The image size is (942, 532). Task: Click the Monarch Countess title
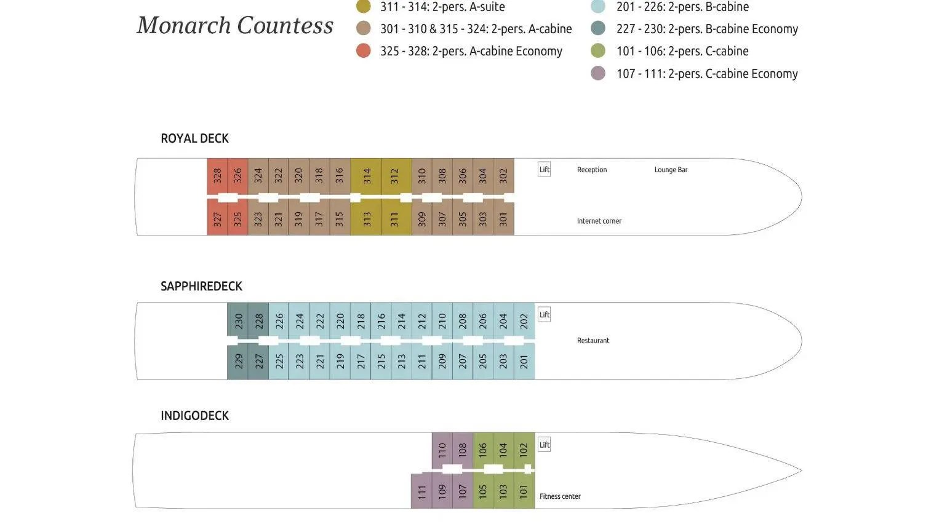[235, 26]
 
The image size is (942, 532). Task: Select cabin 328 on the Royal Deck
[217, 176]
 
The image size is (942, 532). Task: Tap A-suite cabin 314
[367, 176]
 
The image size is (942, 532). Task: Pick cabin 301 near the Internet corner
[503, 219]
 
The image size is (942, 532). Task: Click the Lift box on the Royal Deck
[545, 170]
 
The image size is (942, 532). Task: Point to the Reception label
[592, 170]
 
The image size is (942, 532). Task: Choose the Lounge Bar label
[671, 170]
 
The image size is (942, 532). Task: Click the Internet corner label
[599, 221]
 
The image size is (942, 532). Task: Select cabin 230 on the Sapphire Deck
[239, 320]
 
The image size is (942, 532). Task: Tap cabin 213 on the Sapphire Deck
[402, 361]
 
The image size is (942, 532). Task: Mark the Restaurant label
[593, 341]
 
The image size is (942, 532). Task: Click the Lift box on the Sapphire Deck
[545, 315]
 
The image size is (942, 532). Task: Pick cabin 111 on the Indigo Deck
[421, 491]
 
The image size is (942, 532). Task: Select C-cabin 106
[483, 450]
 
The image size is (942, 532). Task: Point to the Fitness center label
[560, 496]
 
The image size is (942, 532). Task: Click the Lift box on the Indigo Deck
[545, 445]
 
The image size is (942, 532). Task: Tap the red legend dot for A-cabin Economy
[364, 51]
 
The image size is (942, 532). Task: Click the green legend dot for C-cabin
[598, 51]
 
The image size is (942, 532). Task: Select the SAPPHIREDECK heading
[201, 287]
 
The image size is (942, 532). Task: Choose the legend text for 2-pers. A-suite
[442, 7]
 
